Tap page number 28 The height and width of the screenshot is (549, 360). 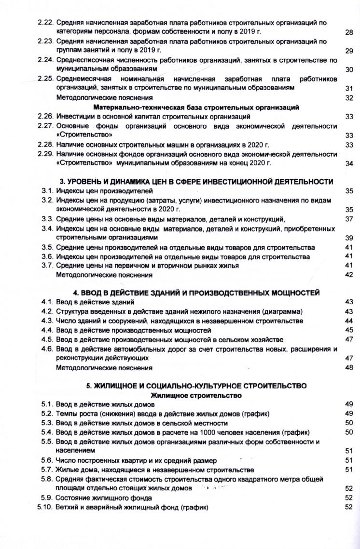pos(349,32)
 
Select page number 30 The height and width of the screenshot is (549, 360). pos(349,70)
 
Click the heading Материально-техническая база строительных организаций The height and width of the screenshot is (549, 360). pos(196,107)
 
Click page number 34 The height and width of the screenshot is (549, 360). pos(349,163)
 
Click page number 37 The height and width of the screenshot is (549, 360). pos(349,219)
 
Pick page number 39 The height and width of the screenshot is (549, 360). pos(349,238)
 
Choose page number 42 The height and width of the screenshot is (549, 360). pos(349,275)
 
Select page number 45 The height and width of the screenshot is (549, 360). pos(349,330)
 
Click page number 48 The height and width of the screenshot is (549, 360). pos(349,368)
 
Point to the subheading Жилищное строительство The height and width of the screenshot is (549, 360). pos(196,395)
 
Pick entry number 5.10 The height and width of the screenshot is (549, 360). pos(45,508)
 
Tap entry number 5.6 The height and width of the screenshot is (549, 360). pos(47,460)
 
